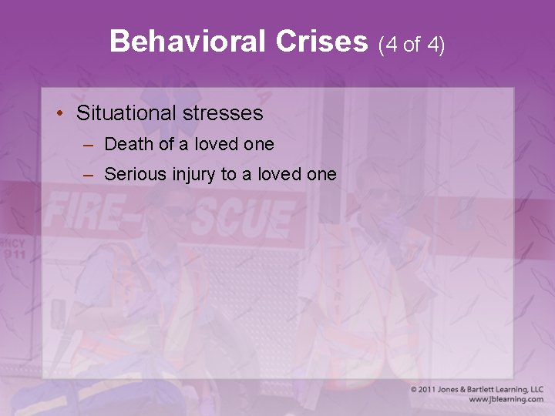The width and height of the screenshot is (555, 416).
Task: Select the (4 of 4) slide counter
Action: tap(412, 44)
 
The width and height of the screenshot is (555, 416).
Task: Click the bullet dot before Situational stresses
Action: tap(60, 113)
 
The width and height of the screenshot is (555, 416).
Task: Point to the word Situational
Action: tap(124, 114)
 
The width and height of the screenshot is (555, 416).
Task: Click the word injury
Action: tap(193, 175)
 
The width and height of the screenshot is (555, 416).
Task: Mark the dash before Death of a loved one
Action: tap(89, 145)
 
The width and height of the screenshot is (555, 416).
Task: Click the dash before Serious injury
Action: tap(89, 175)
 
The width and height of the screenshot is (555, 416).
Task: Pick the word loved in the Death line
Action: tap(217, 144)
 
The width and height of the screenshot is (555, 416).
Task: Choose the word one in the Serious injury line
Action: tap(321, 174)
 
